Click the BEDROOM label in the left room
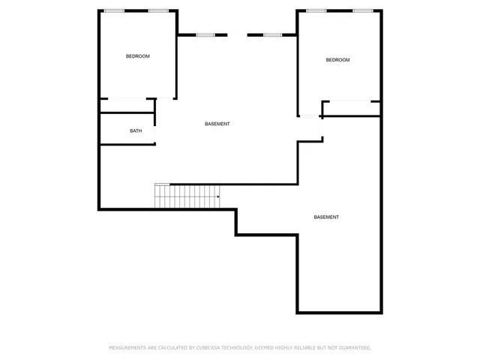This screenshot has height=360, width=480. [137, 56]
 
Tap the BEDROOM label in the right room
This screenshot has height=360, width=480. [337, 60]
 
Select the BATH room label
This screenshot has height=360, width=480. [136, 130]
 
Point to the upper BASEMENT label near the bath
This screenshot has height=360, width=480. [217, 124]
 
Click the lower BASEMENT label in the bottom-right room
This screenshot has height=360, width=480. [326, 217]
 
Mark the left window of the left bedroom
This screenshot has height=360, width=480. [114, 10]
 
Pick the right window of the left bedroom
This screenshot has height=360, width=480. [157, 10]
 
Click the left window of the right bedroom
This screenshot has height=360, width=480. [316, 10]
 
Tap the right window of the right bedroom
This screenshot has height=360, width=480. [363, 10]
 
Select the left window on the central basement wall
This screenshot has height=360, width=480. [205, 34]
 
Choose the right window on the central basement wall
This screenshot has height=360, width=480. [271, 34]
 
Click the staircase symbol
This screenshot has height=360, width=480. [187, 196]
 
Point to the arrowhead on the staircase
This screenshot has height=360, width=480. [218, 197]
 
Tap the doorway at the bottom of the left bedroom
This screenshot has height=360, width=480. [128, 98]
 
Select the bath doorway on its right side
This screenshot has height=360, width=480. [155, 130]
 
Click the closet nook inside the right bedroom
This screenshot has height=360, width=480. [350, 109]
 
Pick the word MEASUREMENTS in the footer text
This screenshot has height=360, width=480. [129, 348]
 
